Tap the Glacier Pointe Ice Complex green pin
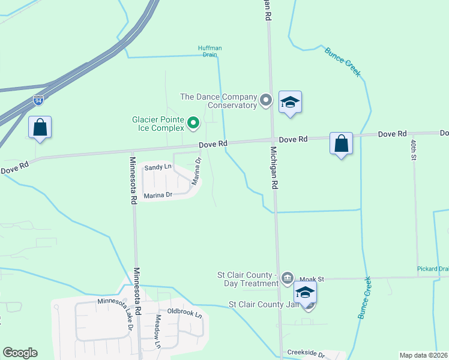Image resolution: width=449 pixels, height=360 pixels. pos(193,124)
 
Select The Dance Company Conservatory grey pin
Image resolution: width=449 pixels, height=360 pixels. pos(266,100)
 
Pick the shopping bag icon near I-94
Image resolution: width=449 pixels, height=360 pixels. pos(40,128)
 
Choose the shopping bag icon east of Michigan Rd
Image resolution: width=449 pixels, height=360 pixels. pos(341,144)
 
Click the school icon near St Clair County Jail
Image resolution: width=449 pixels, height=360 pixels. pos(305,293)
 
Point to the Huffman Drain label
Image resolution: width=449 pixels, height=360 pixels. pos(208,52)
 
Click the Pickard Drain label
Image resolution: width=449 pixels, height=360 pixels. pos(433,269)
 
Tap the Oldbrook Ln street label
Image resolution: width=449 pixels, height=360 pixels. pos(184,311)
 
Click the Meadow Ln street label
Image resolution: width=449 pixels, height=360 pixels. pos(158,331)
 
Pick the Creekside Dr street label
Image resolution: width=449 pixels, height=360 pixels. pos(305,354)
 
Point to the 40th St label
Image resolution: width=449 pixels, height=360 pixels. pos(414,148)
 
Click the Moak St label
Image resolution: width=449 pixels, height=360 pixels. pos(312,279)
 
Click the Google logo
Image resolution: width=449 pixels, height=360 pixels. pos(20,353)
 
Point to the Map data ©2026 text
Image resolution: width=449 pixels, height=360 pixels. pos(423,355)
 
